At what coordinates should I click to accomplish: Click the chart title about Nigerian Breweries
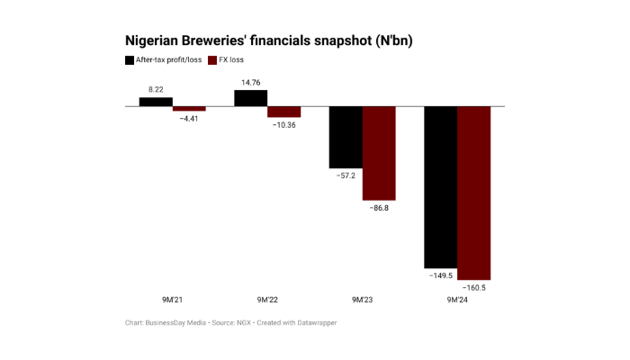[269, 41]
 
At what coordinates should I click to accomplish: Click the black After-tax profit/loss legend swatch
[129, 60]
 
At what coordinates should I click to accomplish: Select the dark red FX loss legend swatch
[212, 60]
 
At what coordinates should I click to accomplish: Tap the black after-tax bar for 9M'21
[156, 102]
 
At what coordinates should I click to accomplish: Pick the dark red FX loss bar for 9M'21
[189, 108]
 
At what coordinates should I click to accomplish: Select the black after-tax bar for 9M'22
[250, 98]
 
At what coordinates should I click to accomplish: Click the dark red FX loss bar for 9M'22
[283, 112]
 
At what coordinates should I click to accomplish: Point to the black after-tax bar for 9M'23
[345, 137]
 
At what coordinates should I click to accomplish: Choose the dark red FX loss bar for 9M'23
[378, 153]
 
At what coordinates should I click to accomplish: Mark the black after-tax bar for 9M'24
[440, 186]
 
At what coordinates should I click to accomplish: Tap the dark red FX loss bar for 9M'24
[473, 193]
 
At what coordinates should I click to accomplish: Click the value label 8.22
[156, 90]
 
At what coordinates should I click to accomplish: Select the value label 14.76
[250, 83]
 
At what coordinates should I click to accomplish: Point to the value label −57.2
[345, 175]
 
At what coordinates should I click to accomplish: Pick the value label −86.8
[378, 208]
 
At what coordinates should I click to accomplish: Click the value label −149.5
[440, 275]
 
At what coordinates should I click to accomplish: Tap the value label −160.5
[473, 288]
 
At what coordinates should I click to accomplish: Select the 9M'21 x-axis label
[172, 300]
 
